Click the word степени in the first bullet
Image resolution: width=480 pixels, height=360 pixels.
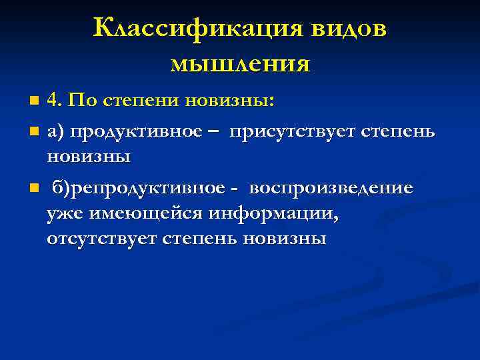click(x=142, y=101)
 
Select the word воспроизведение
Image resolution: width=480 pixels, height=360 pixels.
click(x=331, y=188)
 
